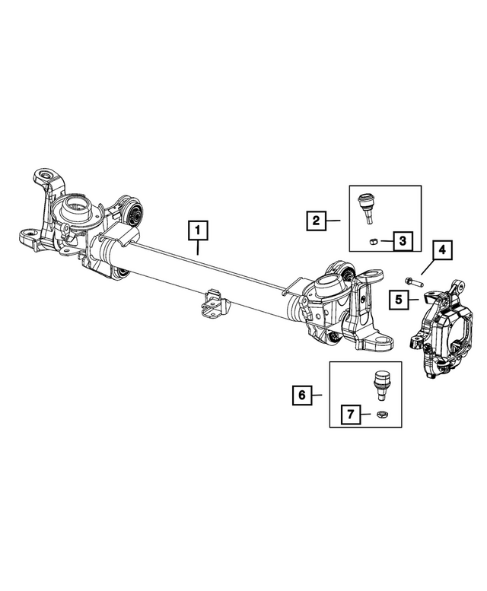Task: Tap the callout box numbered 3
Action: [x=403, y=242]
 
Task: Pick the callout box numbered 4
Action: [x=442, y=249]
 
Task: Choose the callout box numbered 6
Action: [x=301, y=395]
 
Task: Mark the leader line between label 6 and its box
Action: [x=318, y=395]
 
